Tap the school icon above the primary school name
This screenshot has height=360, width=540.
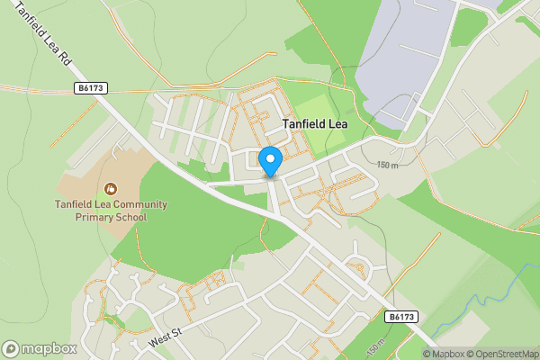[110, 188]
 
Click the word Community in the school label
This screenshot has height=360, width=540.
[135, 204]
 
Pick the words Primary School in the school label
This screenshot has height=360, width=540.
[110, 216]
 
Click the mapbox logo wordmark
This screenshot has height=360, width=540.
[50, 349]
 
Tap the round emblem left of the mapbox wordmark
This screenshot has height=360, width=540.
[12, 349]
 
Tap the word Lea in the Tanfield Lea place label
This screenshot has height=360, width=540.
[333, 126]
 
